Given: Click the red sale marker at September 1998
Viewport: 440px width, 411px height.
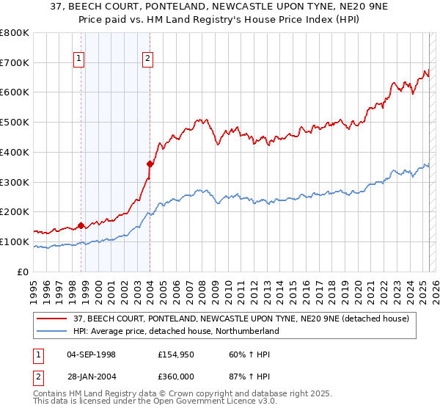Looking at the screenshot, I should pos(81,225).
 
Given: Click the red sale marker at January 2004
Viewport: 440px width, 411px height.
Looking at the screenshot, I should pos(150,164).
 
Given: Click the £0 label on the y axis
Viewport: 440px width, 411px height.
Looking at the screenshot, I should pos(23,272).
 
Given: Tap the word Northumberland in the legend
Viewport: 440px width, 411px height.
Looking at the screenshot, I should pos(246,331).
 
